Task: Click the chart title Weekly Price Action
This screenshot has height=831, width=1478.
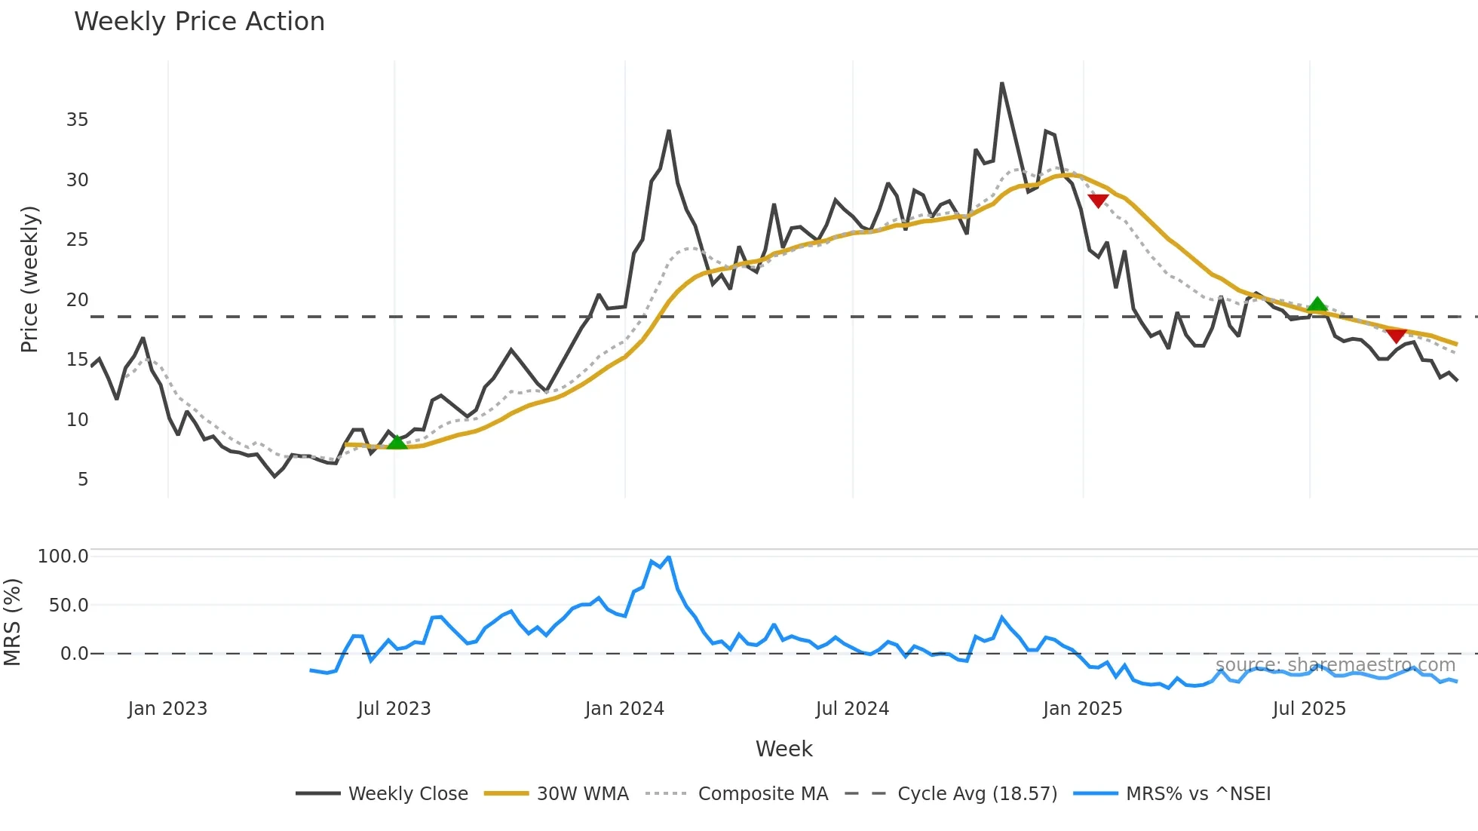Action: coord(199,22)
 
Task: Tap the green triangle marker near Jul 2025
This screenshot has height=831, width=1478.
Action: coord(1317,305)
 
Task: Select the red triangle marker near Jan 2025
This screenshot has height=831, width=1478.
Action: coord(1098,201)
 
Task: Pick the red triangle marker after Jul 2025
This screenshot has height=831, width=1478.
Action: coord(1396,336)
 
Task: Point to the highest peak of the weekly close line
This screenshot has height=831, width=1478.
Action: coord(1001,84)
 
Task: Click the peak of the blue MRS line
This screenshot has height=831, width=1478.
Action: coord(668,558)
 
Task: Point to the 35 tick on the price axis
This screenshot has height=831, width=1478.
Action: coord(77,120)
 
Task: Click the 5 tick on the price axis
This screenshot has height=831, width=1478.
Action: coord(82,480)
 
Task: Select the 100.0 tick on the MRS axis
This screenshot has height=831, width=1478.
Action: coord(63,557)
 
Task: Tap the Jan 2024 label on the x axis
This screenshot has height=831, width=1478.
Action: coord(624,709)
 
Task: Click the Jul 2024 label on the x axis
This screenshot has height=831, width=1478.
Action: coord(852,709)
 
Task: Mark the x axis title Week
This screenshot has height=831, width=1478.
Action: coord(783,749)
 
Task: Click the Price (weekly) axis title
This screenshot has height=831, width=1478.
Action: coord(29,279)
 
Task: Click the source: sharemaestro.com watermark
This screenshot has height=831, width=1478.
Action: coord(1335,665)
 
